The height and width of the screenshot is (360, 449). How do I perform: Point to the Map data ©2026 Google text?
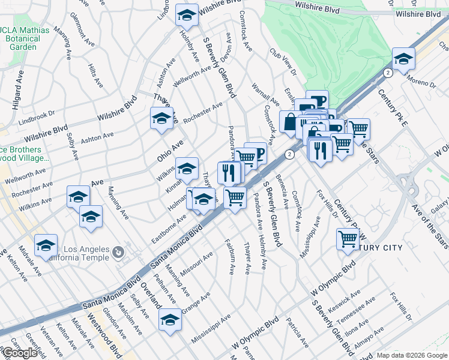click(x=412, y=355)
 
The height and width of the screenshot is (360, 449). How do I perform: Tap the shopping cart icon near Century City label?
click(x=348, y=239)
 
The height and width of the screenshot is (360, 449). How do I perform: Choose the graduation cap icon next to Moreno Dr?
click(x=404, y=59)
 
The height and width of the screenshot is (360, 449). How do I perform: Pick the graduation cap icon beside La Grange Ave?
click(x=170, y=320)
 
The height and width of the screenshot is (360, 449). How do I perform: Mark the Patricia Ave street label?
click(x=297, y=333)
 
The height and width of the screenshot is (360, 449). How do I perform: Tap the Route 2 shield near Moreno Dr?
click(x=388, y=73)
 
